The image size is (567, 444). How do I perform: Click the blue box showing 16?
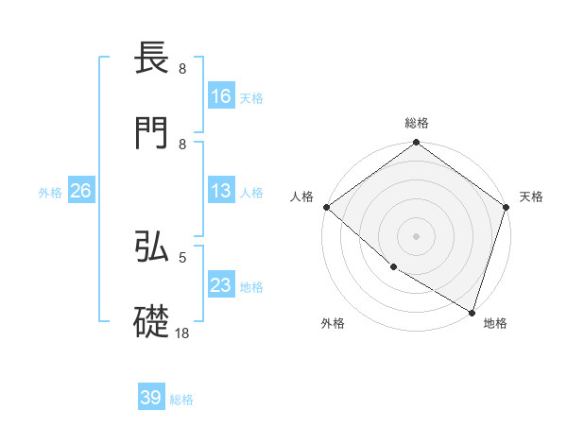[221, 96]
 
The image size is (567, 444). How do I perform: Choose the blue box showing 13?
[221, 191]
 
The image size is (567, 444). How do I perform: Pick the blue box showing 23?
[221, 285]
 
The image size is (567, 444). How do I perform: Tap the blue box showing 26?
[80, 191]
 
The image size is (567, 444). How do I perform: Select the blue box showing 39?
[151, 398]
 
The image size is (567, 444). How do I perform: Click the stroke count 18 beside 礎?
[182, 333]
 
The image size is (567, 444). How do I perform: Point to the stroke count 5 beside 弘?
[182, 256]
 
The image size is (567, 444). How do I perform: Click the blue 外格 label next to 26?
[50, 192]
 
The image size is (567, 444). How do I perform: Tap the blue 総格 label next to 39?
[181, 400]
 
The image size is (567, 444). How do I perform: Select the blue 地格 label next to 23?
[251, 286]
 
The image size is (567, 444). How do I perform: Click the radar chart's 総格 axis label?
[417, 124]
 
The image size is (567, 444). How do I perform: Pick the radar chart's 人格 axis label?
[302, 196]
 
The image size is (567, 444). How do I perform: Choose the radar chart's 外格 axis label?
[333, 324]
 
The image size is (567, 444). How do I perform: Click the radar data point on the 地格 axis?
[472, 311]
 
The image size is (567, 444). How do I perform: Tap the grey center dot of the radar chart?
[416, 236]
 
